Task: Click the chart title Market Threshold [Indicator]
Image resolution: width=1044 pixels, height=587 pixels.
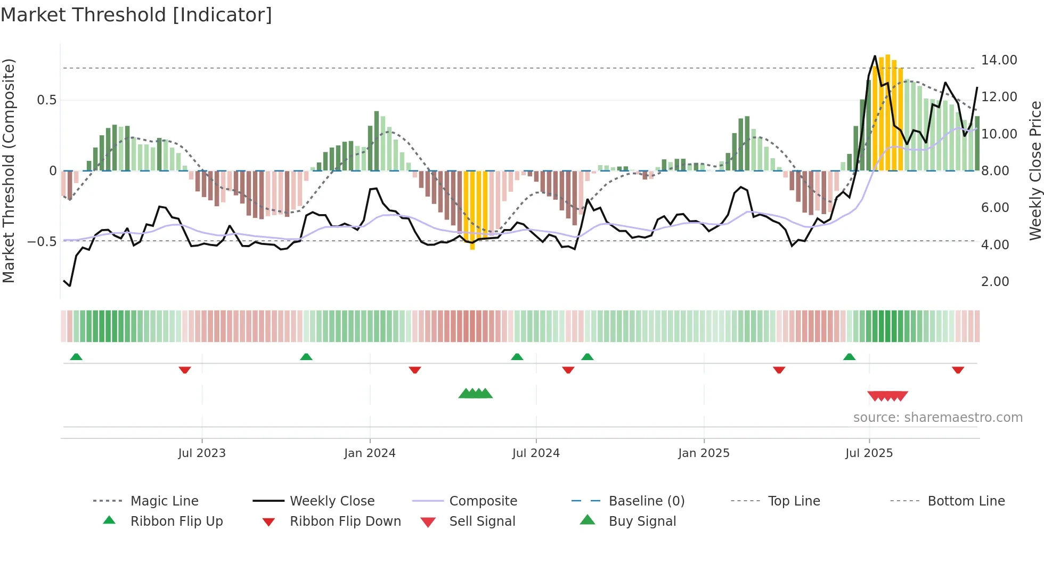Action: pos(136,15)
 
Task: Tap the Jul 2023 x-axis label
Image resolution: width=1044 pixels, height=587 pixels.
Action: pos(202,453)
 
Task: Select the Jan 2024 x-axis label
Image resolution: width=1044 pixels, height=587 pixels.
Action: pos(370,453)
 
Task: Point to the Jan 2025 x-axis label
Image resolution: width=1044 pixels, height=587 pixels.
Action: pos(704,453)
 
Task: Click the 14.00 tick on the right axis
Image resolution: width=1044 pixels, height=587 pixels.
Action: pos(999,60)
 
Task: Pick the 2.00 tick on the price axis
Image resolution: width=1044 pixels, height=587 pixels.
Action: pos(995,282)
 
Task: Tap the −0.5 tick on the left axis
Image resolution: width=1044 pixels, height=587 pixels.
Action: pos(42,242)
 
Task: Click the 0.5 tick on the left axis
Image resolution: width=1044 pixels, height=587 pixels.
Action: pos(47,100)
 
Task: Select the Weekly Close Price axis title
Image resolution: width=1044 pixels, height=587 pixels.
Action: pos(1035,170)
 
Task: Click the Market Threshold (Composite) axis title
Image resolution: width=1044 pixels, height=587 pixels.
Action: pos(9,170)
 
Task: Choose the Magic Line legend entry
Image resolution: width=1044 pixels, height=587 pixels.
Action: pos(164,501)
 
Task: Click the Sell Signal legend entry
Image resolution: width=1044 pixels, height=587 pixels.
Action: pos(482,521)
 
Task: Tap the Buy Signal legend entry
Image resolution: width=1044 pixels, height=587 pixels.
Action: pos(642,521)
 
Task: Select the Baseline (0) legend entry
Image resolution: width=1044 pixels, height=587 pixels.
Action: pos(646,501)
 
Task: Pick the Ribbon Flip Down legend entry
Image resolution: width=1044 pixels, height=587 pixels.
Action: pos(345,521)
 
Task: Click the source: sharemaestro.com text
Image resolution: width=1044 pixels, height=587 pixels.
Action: pos(937,418)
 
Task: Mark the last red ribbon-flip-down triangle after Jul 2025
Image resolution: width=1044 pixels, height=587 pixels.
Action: pos(958,370)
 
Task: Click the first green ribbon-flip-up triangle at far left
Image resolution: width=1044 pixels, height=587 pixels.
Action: pos(76,357)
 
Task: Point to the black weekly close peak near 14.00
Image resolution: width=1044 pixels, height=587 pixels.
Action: pos(875,56)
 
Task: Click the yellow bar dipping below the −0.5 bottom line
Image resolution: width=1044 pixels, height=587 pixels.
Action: pos(472,245)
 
